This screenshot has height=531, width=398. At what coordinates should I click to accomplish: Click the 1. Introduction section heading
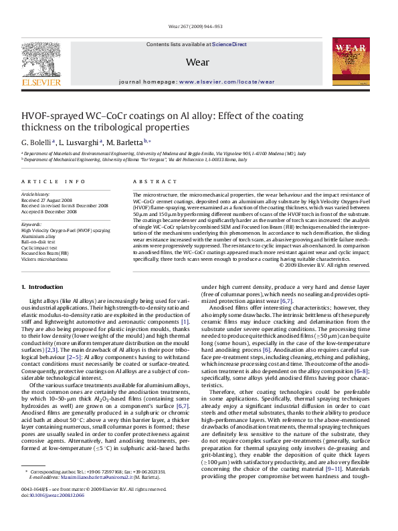tap(41, 287)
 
